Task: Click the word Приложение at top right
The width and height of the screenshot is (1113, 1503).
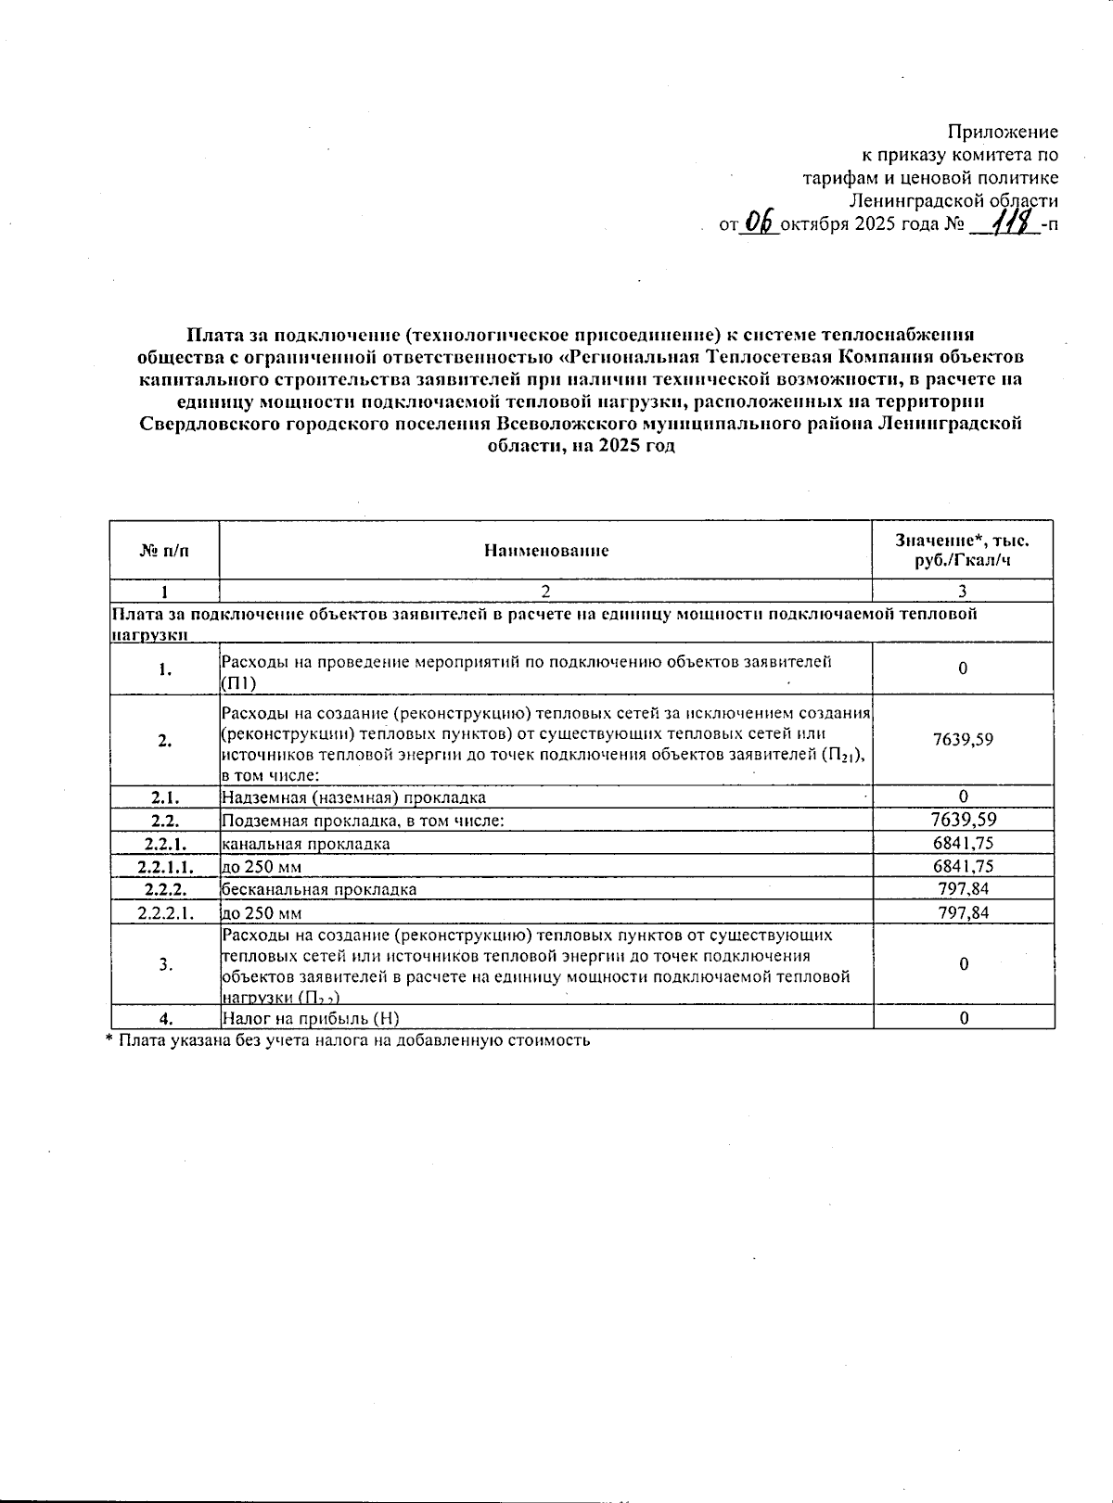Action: [1003, 132]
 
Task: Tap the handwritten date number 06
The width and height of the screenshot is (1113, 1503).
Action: [760, 222]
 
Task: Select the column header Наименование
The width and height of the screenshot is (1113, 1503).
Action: [545, 551]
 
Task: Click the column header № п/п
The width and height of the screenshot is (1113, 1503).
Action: [164, 551]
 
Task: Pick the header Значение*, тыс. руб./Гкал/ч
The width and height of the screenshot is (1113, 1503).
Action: [962, 551]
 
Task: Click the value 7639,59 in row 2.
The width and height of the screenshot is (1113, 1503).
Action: [963, 740]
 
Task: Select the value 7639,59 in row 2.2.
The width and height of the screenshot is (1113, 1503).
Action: [963, 820]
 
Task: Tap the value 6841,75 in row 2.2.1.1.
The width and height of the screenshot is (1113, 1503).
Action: [963, 866]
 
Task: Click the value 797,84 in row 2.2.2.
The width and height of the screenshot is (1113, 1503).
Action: [963, 889]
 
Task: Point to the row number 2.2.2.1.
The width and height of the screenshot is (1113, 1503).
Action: [165, 912]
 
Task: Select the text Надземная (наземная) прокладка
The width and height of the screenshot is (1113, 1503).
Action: [353, 797]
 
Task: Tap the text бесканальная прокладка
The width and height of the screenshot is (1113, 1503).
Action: [319, 889]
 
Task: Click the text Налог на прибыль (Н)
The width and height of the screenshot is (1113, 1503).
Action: [311, 1018]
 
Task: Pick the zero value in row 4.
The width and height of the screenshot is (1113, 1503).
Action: [964, 1018]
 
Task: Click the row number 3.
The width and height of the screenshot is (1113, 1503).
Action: [165, 964]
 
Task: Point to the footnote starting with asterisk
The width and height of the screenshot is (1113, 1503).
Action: [348, 1040]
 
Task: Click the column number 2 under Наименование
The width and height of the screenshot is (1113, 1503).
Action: [545, 591]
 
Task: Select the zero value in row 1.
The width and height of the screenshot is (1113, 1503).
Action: [963, 669]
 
